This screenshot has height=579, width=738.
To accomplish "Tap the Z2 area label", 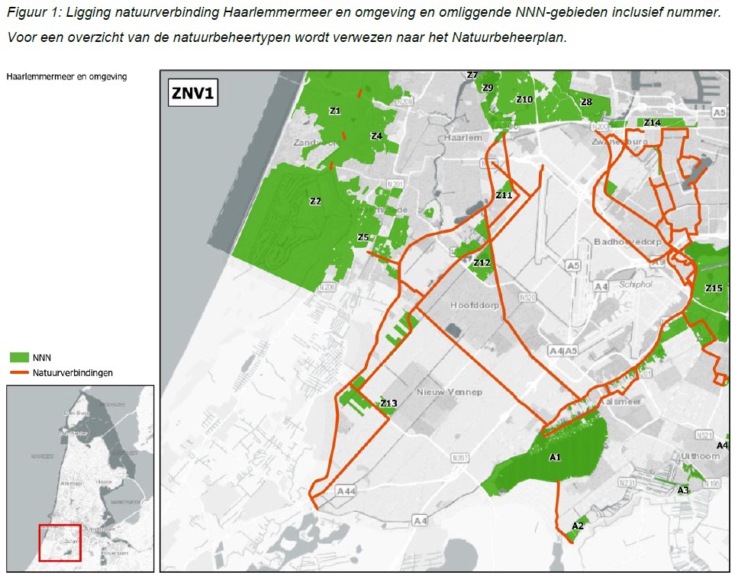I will coord(315,201).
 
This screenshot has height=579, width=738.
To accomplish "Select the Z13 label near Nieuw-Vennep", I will coord(389,404).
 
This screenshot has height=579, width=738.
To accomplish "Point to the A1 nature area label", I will coord(556,457).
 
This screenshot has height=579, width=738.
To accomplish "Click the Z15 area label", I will coord(714,288).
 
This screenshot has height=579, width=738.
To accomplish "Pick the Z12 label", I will coord(482,262).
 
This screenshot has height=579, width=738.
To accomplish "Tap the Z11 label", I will coord(504,195).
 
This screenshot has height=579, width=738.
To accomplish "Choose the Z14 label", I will coord(652,123).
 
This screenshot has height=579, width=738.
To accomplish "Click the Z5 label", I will coord(363,237).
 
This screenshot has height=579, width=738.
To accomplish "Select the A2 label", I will coord(578,526).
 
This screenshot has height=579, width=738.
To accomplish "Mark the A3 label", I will coord(683,490).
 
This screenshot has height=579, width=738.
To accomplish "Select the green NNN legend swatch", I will coord(19,357).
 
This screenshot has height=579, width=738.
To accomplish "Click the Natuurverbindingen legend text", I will coord(73,373).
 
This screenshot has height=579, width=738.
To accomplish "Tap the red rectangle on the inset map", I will coord(60,542).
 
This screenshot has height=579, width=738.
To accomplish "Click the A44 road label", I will coord(345,491).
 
